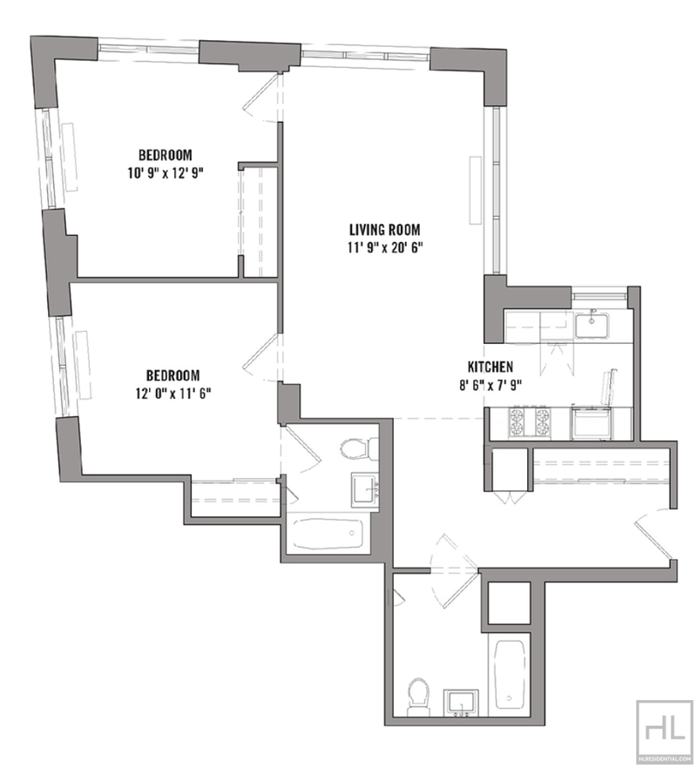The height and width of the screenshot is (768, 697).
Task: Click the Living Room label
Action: point(384,229)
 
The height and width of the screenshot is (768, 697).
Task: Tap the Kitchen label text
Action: point(491,367)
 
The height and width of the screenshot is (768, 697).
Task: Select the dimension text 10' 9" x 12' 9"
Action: point(166,173)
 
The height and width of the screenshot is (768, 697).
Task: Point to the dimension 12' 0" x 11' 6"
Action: point(173,394)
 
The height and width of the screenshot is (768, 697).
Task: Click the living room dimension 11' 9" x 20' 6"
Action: point(385,248)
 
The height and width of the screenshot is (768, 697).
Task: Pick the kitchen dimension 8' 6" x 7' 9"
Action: point(491,385)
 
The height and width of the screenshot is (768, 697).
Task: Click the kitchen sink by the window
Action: point(592,326)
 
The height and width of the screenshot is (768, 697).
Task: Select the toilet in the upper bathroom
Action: point(358,448)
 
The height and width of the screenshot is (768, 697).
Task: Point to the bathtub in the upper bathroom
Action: point(328,534)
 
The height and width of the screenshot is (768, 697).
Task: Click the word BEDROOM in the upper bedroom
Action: point(166,155)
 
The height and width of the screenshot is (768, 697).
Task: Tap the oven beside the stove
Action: point(592,422)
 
